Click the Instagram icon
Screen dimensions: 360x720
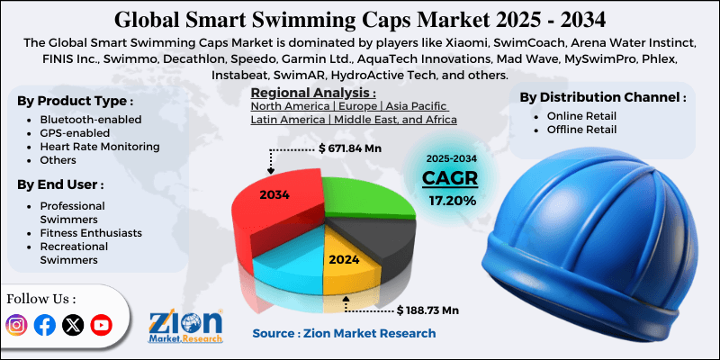point(17,325)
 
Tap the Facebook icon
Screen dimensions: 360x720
point(44,325)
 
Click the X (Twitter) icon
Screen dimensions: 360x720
point(73,325)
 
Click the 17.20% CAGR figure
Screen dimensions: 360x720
point(452,200)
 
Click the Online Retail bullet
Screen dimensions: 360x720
point(584,117)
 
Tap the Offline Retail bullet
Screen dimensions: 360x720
point(584,130)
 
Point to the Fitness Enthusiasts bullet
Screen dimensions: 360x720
point(90,232)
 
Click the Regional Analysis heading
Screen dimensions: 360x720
point(312,92)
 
